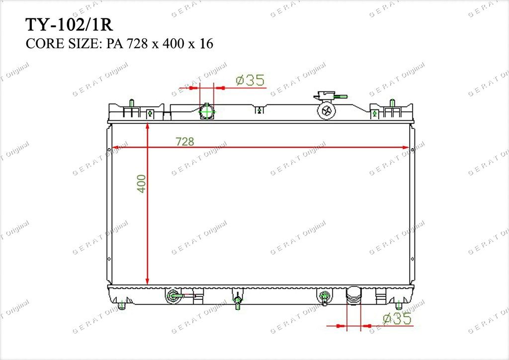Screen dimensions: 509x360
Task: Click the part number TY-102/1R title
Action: [x=69, y=25]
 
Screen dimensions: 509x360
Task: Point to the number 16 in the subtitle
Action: [x=206, y=43]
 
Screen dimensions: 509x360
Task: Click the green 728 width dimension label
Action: [x=185, y=142]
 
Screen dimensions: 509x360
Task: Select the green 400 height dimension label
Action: [x=141, y=184]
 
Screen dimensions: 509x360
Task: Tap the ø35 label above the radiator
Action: [x=250, y=80]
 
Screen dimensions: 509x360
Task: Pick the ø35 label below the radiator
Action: [x=397, y=318]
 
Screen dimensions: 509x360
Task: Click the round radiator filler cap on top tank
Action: [x=326, y=111]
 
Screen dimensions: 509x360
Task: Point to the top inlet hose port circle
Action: [x=207, y=112]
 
